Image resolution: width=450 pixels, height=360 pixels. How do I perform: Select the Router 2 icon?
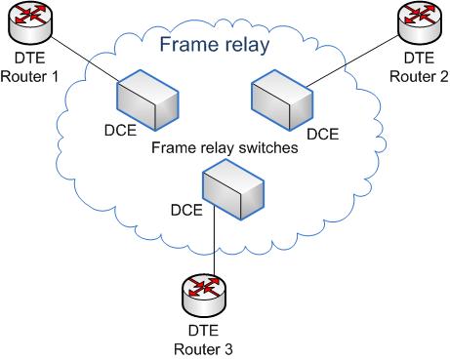point(419,19)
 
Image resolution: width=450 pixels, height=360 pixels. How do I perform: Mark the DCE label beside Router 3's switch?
point(186,209)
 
